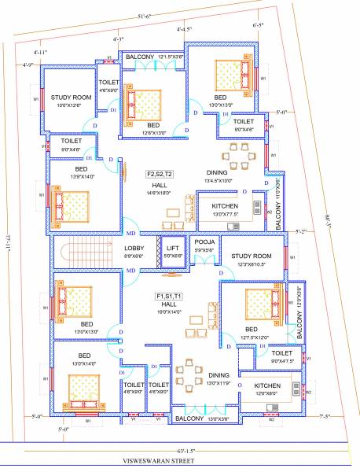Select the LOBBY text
(x=134, y=248)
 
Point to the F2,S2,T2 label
(x=160, y=174)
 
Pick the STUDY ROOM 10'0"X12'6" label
(x=72, y=98)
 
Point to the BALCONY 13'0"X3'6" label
(x=200, y=419)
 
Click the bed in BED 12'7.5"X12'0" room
(x=259, y=301)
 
